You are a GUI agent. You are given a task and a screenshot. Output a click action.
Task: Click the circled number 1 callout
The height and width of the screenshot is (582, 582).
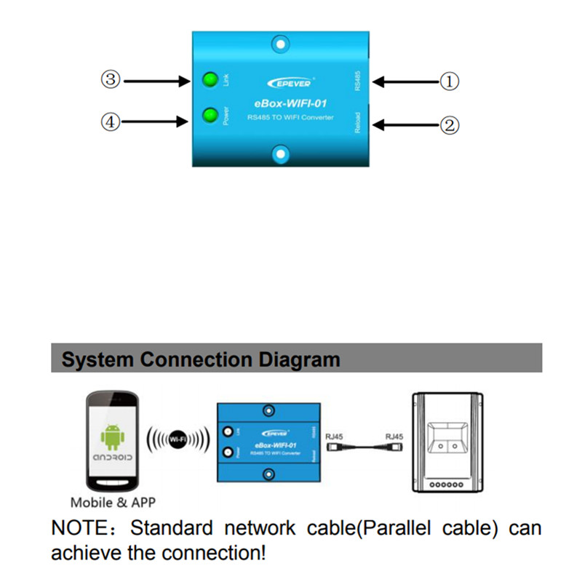[450, 81]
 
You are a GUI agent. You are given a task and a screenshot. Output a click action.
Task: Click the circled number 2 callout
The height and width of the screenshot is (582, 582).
[450, 124]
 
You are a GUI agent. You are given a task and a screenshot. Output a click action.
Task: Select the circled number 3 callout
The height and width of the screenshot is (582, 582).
[111, 80]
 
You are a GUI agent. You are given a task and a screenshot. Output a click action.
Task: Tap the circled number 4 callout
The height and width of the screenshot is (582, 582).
[111, 123]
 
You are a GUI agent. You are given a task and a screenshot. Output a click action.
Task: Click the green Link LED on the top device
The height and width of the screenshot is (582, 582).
[212, 79]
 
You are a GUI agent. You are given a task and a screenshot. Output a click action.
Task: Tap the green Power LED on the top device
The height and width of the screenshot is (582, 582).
[212, 115]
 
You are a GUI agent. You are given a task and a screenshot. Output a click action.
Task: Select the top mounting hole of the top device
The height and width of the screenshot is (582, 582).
[281, 45]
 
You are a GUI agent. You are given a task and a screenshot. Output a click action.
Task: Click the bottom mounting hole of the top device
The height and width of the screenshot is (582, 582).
[281, 154]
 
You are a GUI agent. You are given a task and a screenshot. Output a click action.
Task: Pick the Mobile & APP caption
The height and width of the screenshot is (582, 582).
[113, 502]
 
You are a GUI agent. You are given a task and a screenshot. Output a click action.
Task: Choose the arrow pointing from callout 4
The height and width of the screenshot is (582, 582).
[154, 123]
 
